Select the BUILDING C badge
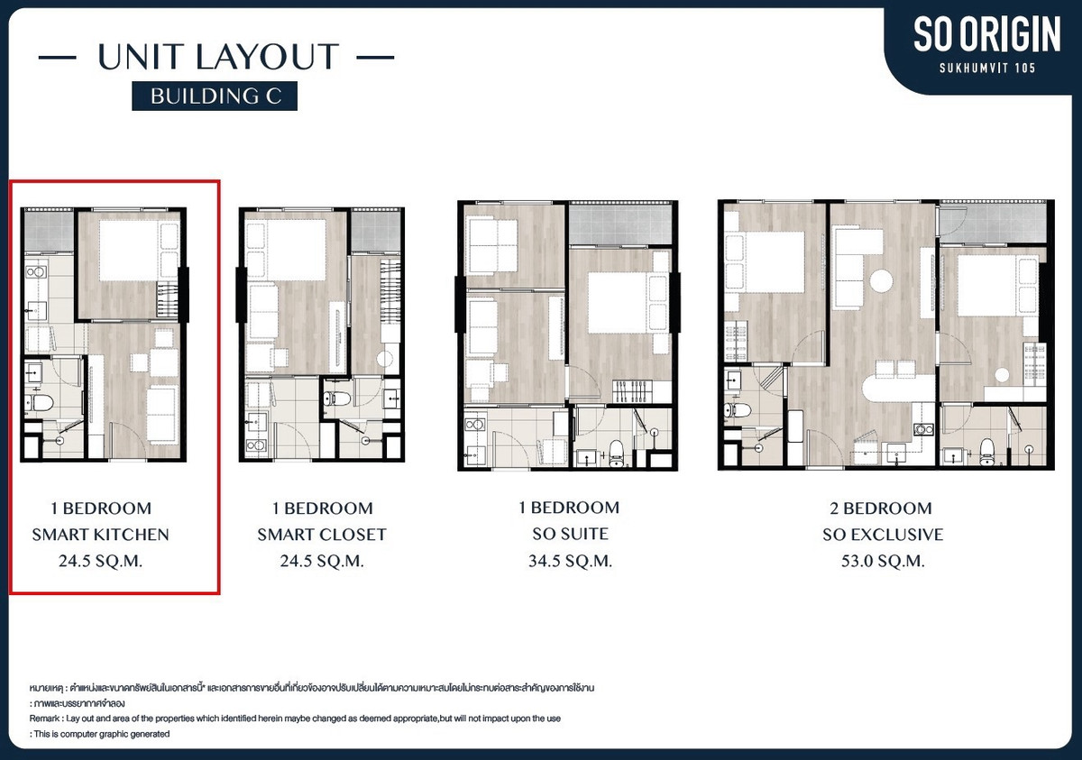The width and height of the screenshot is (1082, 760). (x=215, y=96)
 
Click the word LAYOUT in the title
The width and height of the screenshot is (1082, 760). (x=267, y=57)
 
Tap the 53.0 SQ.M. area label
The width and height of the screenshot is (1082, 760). (x=883, y=561)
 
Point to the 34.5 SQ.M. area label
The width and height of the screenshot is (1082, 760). (x=570, y=561)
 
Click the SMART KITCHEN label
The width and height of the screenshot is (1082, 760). (x=100, y=535)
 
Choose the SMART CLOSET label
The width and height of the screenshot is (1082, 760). (x=322, y=535)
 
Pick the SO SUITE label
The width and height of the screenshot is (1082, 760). (x=570, y=534)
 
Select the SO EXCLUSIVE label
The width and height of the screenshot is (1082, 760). (x=883, y=535)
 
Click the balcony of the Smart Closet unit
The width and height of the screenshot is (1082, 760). (x=376, y=231)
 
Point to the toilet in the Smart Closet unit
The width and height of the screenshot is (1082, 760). (x=337, y=398)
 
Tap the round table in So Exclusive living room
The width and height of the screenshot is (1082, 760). (x=882, y=280)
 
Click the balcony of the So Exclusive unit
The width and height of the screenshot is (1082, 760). (x=994, y=223)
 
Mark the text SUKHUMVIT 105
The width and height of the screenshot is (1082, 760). (x=987, y=69)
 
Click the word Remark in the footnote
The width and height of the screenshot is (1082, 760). (x=44, y=719)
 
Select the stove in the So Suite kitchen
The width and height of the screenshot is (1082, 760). (x=474, y=425)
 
